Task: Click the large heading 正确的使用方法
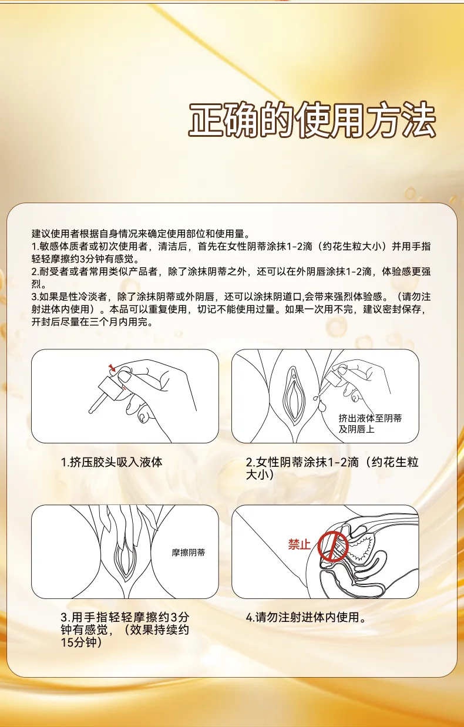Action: (312, 119)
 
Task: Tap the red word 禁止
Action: (299, 544)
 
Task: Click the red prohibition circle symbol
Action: (333, 547)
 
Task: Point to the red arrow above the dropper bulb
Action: (112, 368)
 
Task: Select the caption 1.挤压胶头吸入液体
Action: (112, 462)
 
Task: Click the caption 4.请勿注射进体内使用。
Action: (306, 617)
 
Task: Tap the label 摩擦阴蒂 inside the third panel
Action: (189, 553)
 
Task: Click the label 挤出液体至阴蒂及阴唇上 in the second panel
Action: (370, 423)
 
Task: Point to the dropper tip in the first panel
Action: (90, 412)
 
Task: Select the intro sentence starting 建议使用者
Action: (141, 234)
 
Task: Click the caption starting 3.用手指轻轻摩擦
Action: (125, 630)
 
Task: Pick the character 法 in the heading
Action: (418, 119)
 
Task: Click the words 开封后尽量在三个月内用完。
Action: (92, 322)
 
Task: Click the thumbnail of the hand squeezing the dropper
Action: (125, 396)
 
